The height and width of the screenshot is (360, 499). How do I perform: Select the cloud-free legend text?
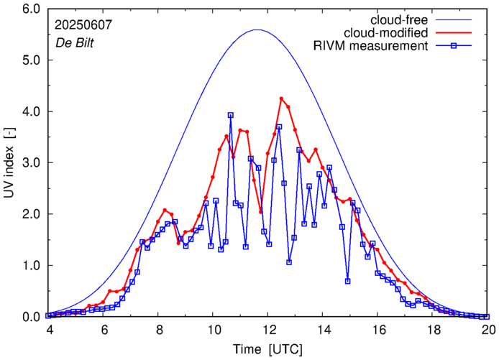(395, 19)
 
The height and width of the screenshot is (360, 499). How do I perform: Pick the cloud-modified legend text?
(386, 33)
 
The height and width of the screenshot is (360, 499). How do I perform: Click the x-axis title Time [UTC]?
(267, 349)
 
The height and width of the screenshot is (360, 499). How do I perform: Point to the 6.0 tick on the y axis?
(31, 9)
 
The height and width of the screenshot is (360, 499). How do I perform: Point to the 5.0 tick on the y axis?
(31, 60)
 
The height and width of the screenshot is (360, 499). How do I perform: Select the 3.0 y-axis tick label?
(31, 163)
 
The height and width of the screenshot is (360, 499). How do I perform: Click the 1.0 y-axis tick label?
(31, 266)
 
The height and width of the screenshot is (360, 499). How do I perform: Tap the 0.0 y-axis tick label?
(31, 317)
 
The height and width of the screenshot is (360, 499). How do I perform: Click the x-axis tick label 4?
(49, 330)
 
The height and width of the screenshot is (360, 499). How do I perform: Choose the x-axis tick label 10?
(214, 330)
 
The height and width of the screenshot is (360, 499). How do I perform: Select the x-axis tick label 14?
(324, 330)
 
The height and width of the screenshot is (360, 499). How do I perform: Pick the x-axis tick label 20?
(488, 330)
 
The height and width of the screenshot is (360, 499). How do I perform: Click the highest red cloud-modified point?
(281, 98)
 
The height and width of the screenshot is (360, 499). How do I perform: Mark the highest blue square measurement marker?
(230, 115)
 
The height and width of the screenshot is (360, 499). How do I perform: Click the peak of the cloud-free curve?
(257, 29)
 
